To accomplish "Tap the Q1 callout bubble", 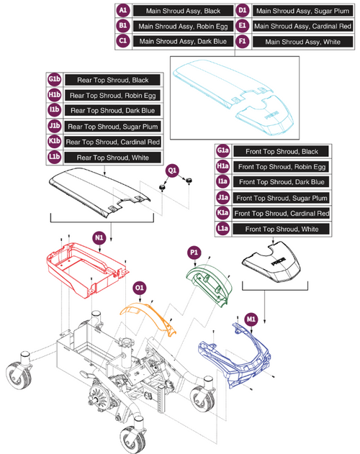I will tap(172, 171).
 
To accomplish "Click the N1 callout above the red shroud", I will tap(99, 235).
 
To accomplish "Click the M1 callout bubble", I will tap(251, 319).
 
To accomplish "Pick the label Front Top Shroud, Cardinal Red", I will tap(281, 214).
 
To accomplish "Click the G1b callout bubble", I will tap(53, 79).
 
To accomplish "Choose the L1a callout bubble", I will tap(222, 230).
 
